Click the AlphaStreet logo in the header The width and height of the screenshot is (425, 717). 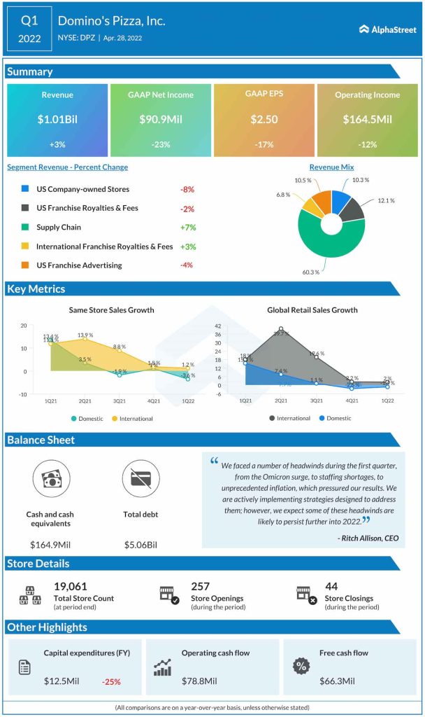point(387,29)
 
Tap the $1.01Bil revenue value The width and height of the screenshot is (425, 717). point(57,119)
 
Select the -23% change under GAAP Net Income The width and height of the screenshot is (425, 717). point(160,144)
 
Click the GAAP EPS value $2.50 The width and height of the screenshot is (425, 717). point(264,119)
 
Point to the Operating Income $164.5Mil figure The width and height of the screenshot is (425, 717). point(367,119)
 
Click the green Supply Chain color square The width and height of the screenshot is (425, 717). point(25,228)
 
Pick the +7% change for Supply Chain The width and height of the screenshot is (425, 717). point(187,228)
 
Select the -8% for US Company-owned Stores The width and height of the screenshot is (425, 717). point(187,189)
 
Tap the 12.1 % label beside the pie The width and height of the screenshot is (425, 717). point(386,201)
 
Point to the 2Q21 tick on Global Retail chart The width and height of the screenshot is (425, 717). point(280,401)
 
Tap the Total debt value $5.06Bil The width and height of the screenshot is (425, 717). point(141,544)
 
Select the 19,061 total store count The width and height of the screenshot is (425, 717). point(69,586)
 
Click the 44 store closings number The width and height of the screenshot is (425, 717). point(331,586)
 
